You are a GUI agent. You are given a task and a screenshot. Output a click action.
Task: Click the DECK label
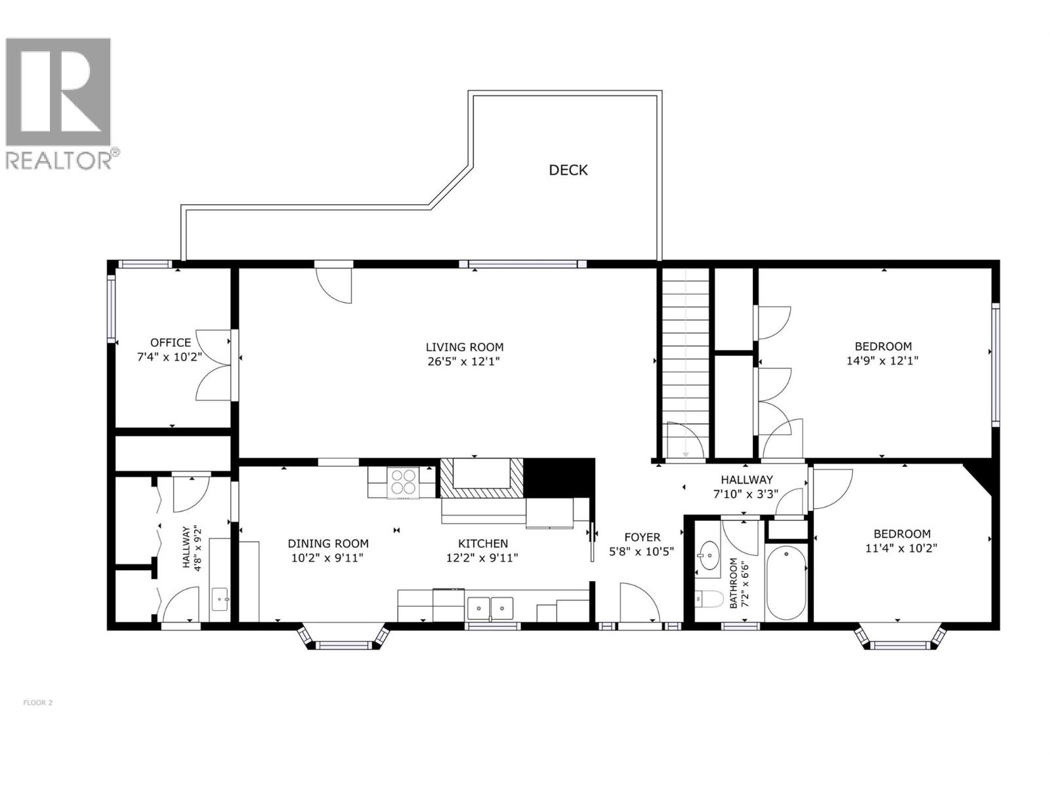568,170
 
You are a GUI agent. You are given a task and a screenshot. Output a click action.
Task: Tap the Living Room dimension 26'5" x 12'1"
465,361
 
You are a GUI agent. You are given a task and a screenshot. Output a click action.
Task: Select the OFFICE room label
171,342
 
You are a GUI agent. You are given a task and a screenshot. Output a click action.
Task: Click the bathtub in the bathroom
786,582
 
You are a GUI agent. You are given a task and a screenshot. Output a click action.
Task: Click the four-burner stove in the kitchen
403,481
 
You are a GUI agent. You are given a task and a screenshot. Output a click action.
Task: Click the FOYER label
642,537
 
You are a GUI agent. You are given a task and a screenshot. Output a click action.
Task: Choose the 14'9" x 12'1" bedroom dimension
883,361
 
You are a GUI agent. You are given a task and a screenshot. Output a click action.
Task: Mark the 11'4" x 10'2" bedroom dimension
901,548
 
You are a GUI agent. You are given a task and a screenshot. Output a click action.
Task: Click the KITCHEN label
483,544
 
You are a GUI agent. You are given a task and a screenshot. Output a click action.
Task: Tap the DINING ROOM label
328,544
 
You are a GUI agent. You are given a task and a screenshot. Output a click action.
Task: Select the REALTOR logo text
59,160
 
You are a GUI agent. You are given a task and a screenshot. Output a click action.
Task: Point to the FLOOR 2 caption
37,703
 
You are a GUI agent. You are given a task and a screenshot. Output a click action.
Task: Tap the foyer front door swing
638,602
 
